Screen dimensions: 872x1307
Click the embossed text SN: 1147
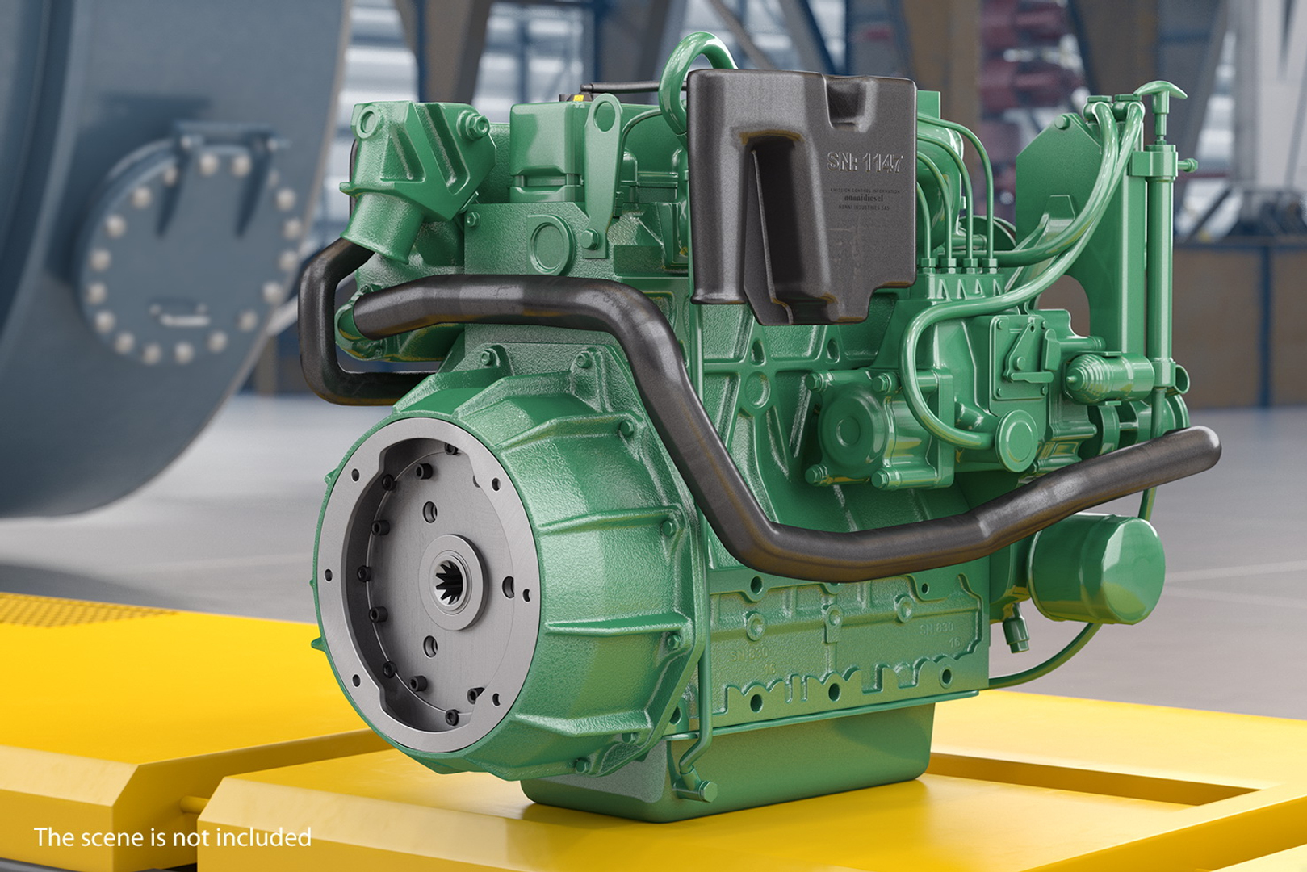865,162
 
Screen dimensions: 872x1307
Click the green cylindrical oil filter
1098,569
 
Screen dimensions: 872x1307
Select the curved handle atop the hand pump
1163,89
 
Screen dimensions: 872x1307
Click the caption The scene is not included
172,837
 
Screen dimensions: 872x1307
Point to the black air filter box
799,194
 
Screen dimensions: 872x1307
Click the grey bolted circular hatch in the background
186,250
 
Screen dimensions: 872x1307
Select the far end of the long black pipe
1207,446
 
